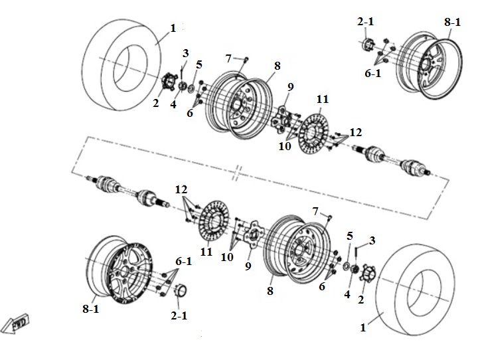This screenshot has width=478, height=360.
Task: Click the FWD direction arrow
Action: [15, 324]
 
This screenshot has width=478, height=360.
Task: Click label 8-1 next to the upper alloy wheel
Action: [452, 23]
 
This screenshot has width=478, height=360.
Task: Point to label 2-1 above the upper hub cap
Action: [366, 21]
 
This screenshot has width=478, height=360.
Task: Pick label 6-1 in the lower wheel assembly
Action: [184, 261]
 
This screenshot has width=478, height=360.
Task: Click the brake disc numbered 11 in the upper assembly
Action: [314, 134]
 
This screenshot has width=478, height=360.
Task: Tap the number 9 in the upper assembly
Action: [291, 87]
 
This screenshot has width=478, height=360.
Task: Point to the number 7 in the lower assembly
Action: [315, 211]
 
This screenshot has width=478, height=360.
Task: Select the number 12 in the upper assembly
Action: [355, 132]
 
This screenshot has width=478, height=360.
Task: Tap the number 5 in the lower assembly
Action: [350, 236]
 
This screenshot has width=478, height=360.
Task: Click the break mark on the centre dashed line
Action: [238, 173]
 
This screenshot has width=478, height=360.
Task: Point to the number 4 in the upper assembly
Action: [173, 104]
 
